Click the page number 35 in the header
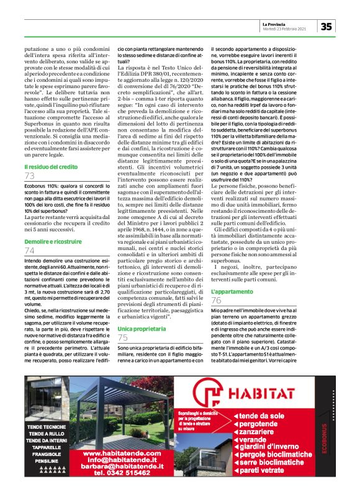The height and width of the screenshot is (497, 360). point(326,25)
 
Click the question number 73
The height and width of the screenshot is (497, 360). point(29,177)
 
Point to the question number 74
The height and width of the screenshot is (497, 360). point(29,250)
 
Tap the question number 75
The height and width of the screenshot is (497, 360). point(123,338)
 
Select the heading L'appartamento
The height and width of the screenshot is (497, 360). point(232,291)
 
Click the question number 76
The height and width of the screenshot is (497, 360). point(217,301)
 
